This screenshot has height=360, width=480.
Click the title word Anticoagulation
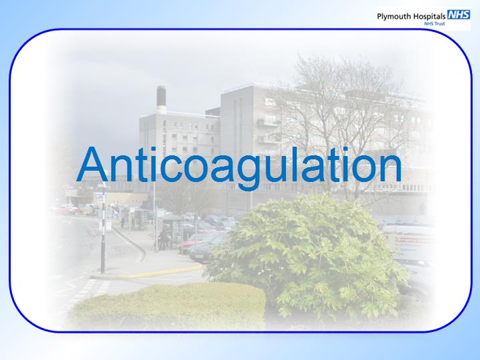point(239,167)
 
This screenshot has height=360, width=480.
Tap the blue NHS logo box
point(459,15)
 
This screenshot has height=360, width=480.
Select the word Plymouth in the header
point(394,17)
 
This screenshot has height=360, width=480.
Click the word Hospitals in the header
point(429,16)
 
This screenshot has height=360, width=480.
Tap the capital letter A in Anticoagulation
point(93,165)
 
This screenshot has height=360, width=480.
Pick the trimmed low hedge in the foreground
point(167,306)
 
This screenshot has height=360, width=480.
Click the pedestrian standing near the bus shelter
point(163,239)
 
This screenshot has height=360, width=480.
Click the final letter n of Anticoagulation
point(389,169)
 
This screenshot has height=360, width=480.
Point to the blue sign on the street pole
point(100,195)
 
